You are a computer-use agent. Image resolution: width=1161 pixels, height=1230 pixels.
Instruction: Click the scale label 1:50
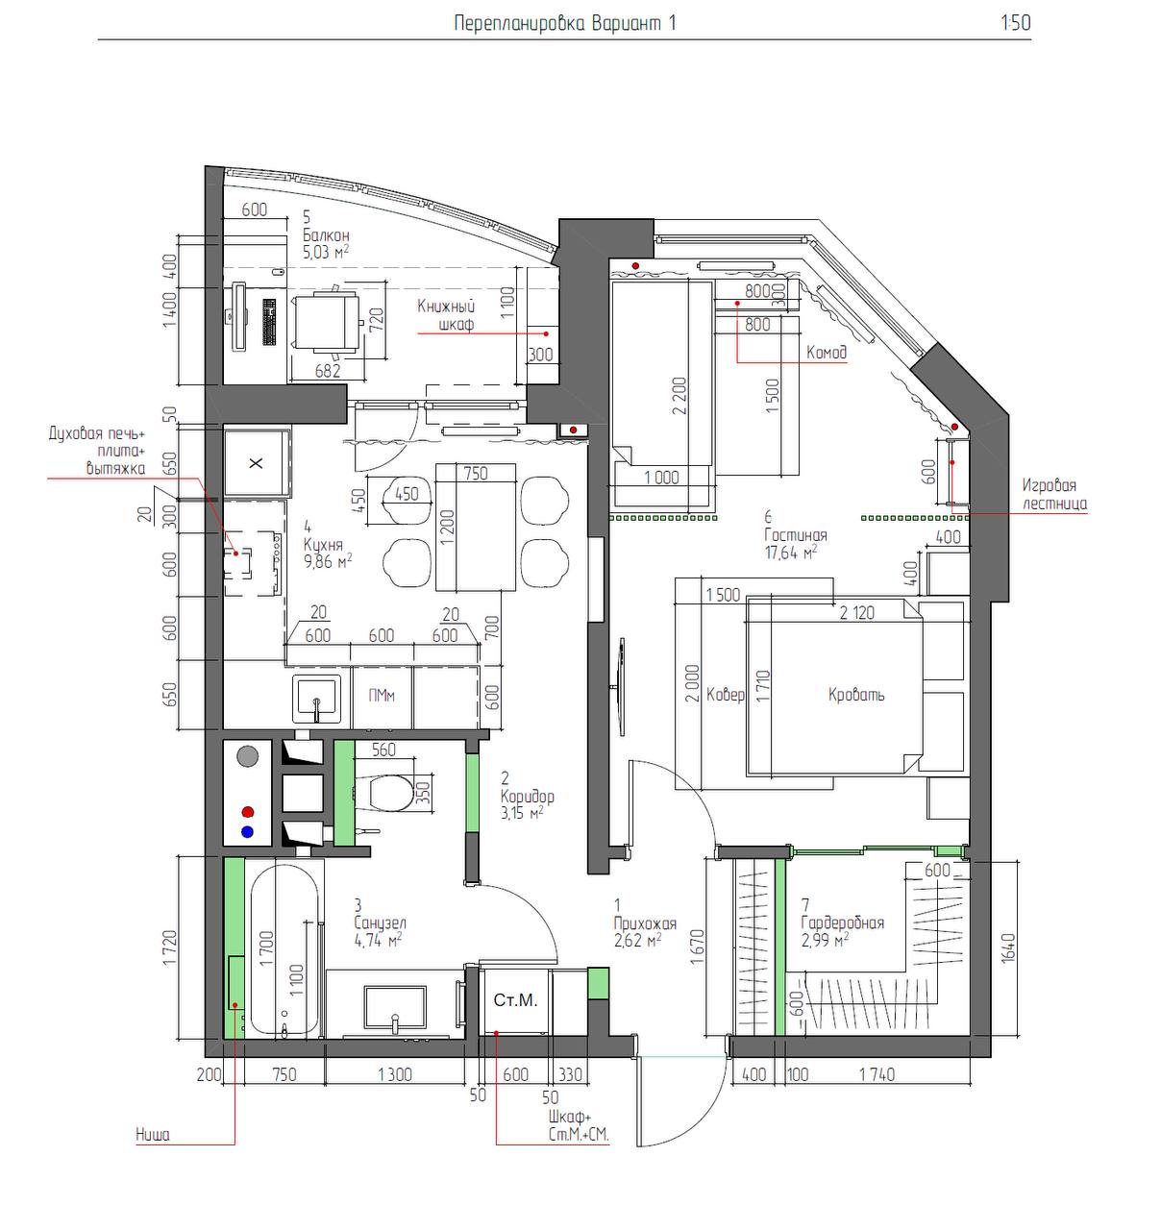click(1016, 23)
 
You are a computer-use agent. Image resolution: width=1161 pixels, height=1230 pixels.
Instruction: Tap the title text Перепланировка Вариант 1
click(565, 23)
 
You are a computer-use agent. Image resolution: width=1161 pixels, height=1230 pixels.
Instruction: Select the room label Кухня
click(323, 545)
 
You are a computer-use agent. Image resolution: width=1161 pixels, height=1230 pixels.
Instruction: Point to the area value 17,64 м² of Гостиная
click(791, 552)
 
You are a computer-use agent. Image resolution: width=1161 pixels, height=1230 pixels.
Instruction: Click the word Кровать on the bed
click(856, 695)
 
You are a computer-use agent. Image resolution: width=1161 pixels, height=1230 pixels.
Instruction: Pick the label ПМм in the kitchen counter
click(382, 696)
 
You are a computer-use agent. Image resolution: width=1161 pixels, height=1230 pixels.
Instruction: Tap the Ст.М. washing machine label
click(515, 999)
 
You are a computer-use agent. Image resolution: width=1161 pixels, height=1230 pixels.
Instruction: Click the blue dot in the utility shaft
click(248, 832)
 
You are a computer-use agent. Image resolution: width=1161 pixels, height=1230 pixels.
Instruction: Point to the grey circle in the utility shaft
click(247, 756)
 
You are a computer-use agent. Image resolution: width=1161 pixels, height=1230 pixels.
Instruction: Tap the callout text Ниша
click(153, 1135)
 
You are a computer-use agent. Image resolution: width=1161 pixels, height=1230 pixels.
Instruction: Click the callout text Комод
click(827, 353)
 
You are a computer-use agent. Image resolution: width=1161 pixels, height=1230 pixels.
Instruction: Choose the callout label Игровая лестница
click(1053, 494)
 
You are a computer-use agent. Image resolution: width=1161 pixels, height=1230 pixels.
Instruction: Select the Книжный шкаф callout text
click(446, 314)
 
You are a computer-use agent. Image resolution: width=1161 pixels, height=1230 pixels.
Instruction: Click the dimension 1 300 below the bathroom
click(395, 1074)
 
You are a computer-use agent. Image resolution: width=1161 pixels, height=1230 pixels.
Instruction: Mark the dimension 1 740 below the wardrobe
click(877, 1074)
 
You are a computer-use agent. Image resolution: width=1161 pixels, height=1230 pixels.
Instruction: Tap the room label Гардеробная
click(842, 922)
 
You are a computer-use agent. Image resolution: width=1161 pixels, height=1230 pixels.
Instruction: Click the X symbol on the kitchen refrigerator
click(256, 462)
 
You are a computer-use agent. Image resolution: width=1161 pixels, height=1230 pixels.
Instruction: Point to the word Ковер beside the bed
click(726, 695)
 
